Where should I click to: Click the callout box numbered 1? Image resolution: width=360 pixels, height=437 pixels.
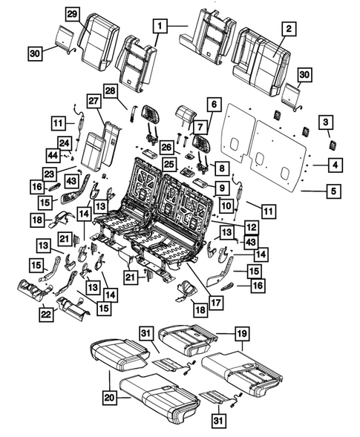point(159,26)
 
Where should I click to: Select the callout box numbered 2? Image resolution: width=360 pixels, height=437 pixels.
point(289,29)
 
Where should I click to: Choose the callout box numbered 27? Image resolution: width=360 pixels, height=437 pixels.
point(94,99)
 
